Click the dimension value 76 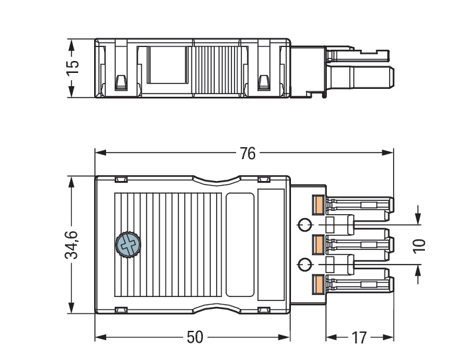[247, 153]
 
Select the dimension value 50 [194, 337]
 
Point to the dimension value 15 [73, 68]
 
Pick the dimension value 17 [359, 337]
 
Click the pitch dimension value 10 [418, 245]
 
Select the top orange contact [318, 206]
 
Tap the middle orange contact [318, 245]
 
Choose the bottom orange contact [318, 284]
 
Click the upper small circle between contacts [304, 225]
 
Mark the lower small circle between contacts [304, 265]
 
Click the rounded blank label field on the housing [240, 245]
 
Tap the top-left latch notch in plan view [121, 180]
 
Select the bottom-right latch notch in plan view [263, 310]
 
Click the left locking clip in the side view [121, 82]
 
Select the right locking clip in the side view [263, 82]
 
